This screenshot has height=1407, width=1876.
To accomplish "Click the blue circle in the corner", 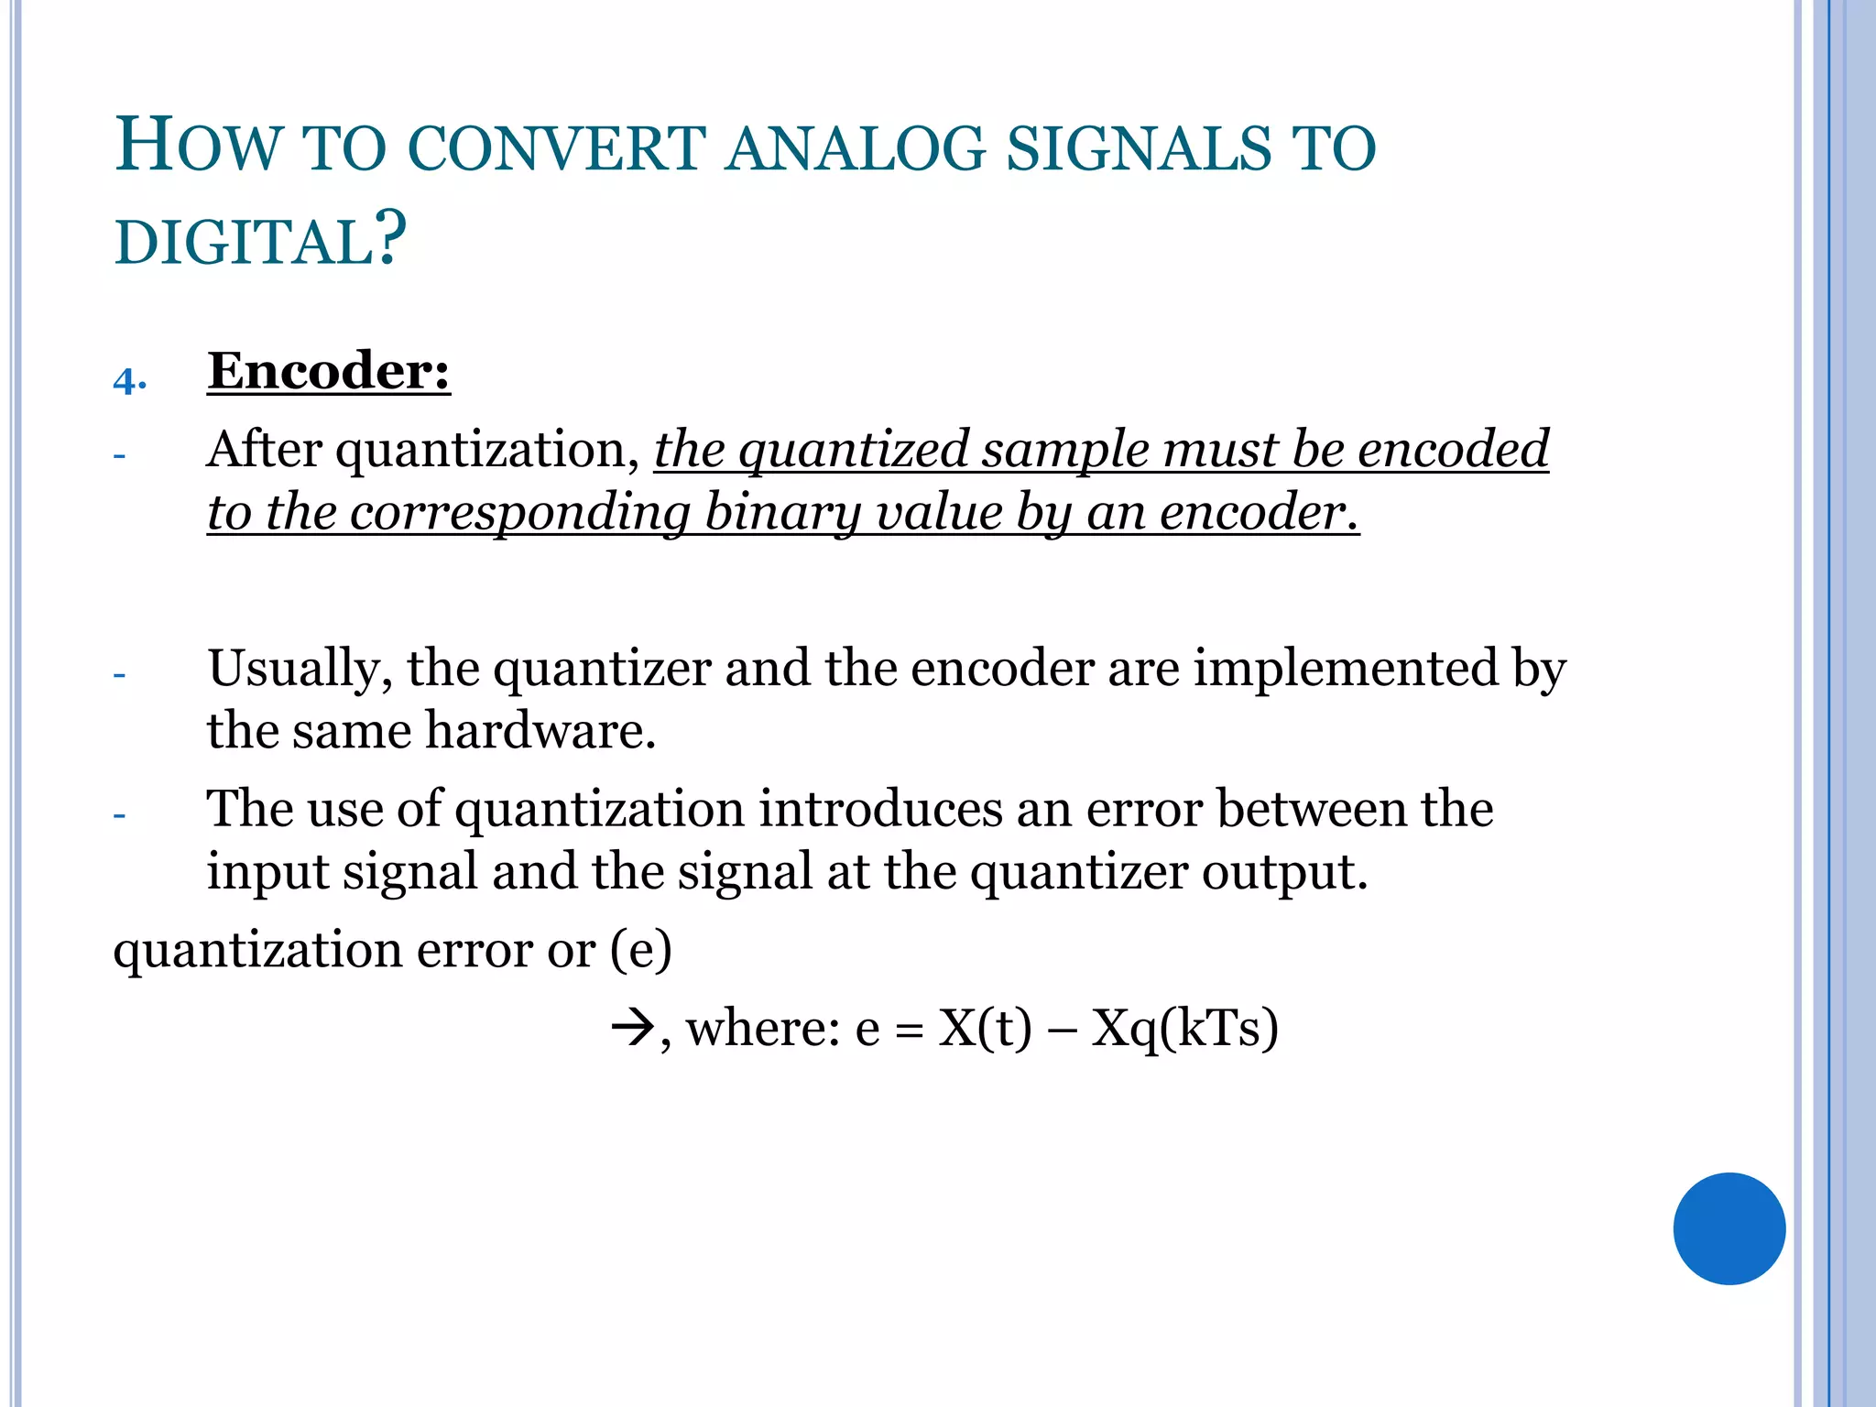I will (1729, 1228).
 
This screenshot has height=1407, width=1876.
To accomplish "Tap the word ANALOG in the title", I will (856, 148).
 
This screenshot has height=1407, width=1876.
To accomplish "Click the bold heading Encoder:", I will (329, 371).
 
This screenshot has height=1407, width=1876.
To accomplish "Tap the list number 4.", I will (129, 381).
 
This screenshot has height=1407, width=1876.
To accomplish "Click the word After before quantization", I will (264, 450).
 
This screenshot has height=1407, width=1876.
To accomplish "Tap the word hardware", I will (540, 731).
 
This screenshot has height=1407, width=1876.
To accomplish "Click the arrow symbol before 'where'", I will (631, 1028).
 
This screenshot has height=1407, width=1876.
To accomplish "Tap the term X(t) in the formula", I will (985, 1028).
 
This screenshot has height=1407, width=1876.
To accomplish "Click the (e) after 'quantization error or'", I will (641, 950).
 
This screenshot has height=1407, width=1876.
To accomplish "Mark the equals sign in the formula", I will (909, 1031).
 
